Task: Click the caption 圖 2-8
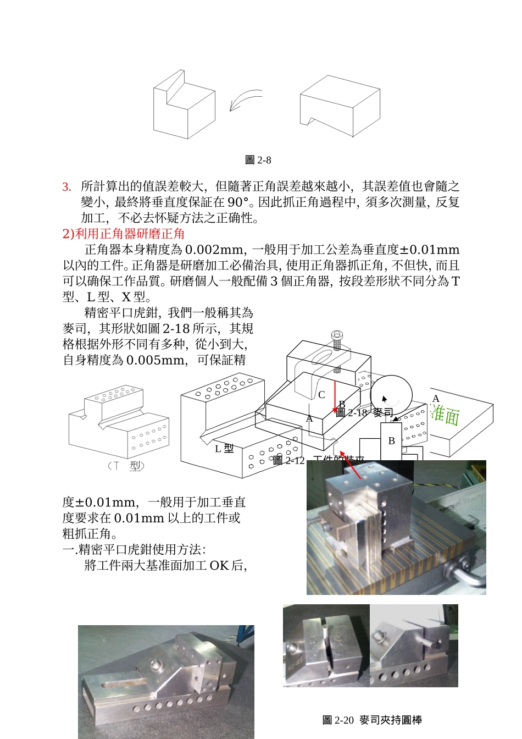pyautogui.click(x=258, y=160)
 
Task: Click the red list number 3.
pyautogui.click(x=66, y=187)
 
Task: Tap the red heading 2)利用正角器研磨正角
pyautogui.click(x=124, y=234)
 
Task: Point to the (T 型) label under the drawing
pyautogui.click(x=126, y=466)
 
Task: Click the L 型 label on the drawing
pyautogui.click(x=224, y=449)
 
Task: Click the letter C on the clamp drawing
pyautogui.click(x=321, y=395)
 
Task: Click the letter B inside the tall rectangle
pyautogui.click(x=391, y=441)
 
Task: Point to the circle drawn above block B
pyautogui.click(x=391, y=395)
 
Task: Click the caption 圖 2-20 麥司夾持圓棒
pyautogui.click(x=372, y=720)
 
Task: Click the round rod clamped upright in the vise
pyautogui.click(x=326, y=633)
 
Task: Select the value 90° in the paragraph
pyautogui.click(x=237, y=202)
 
